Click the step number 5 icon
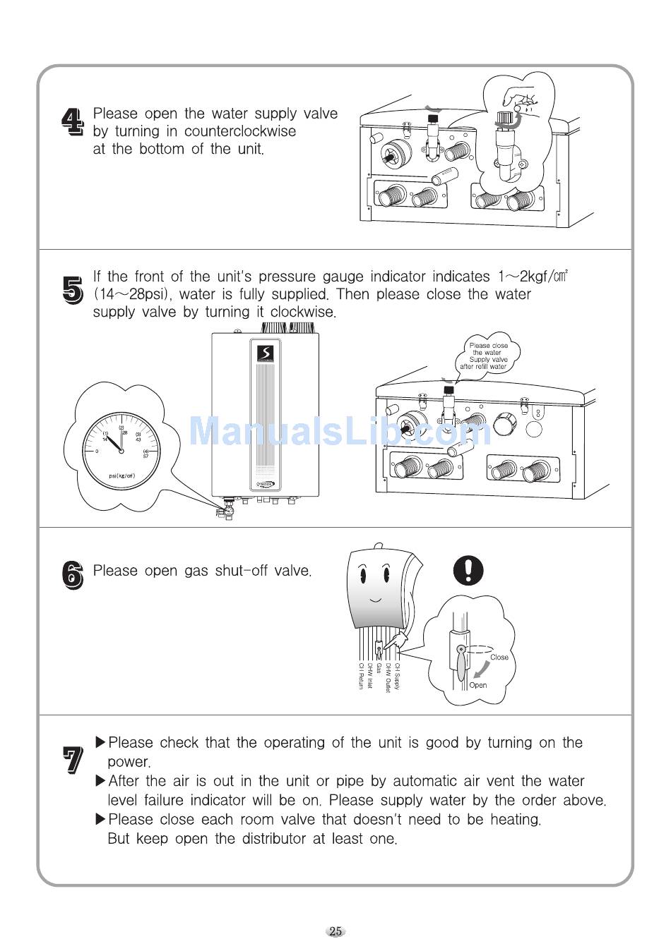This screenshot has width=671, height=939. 72,290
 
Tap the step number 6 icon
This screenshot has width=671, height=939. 72,574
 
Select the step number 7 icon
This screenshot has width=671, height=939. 72,761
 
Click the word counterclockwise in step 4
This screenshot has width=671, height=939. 240,131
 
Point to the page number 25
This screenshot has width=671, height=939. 335,931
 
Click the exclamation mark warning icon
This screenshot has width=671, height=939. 468,569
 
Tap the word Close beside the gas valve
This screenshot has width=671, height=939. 499,657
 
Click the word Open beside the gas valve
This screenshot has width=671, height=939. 478,685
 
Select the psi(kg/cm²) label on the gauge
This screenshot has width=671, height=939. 121,475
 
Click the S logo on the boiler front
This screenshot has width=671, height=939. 266,353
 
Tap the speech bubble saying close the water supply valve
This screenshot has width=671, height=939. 488,356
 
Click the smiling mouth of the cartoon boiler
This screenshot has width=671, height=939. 375,600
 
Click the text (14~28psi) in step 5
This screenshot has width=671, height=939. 133,294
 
